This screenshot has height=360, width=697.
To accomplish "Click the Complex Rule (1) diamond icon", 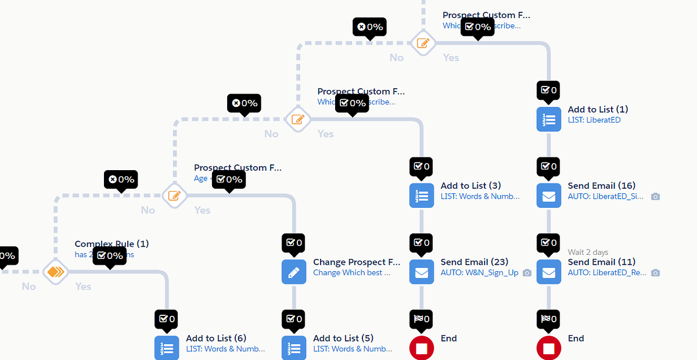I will click(56, 271).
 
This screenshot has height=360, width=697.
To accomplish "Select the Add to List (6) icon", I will click(167, 348).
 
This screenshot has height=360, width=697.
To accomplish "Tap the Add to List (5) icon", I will click(294, 348).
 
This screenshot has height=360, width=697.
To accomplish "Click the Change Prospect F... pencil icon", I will click(294, 272).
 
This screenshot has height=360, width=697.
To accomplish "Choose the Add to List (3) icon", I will click(422, 196).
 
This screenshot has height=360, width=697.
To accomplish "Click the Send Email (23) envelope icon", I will click(422, 272).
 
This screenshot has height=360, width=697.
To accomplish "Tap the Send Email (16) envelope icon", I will click(549, 196).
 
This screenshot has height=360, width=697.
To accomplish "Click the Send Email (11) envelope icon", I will click(549, 272).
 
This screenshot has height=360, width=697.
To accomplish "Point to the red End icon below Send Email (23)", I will click(422, 348).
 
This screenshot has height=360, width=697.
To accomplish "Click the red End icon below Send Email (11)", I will click(549, 348).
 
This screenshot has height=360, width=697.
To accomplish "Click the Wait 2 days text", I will click(588, 252).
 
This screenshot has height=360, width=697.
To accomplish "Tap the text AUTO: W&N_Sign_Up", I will click(479, 272).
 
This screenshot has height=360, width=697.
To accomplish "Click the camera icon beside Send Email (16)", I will click(655, 197).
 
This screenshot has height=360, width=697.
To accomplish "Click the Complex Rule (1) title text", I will click(112, 244).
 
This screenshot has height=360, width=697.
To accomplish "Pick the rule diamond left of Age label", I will click(174, 196).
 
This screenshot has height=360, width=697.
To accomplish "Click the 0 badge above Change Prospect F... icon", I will click(294, 242).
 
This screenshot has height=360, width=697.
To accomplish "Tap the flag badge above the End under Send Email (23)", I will click(422, 318).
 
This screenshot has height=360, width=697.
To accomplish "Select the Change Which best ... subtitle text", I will click(351, 272).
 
